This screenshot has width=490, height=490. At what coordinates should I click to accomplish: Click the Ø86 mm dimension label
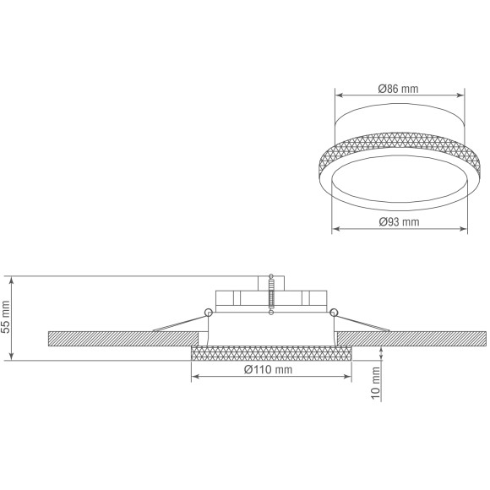398,89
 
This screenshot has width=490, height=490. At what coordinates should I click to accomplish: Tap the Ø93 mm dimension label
399,222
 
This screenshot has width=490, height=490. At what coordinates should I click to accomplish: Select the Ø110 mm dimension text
268,370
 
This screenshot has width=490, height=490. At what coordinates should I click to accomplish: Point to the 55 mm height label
6,317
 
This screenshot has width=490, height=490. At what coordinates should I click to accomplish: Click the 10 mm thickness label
376,383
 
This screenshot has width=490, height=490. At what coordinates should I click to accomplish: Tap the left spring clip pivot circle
209,313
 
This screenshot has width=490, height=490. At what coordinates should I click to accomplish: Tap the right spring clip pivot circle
334,313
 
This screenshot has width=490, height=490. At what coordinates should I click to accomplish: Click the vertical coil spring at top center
271,294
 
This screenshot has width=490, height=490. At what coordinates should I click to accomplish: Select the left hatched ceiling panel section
123,339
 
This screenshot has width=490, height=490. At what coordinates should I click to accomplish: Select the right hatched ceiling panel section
412,339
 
